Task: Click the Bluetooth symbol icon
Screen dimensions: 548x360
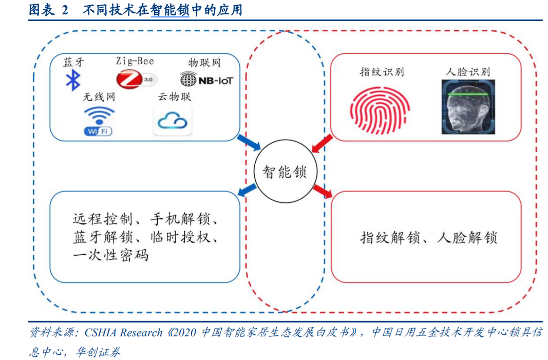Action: (73, 80)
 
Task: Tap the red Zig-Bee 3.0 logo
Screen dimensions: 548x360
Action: (136, 79)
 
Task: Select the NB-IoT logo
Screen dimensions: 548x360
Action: (206, 80)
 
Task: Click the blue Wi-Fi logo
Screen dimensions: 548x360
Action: (99, 121)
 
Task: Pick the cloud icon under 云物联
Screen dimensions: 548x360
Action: (173, 121)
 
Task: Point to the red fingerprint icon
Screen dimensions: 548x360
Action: (380, 111)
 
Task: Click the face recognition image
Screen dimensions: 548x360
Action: (468, 107)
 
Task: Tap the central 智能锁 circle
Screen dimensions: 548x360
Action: (285, 171)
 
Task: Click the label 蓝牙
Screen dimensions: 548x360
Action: (74, 62)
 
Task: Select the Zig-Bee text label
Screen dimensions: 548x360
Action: (135, 61)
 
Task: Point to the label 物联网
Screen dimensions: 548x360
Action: (204, 63)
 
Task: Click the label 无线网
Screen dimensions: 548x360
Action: (99, 97)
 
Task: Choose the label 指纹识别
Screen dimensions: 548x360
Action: (382, 72)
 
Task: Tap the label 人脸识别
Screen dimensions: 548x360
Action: (468, 72)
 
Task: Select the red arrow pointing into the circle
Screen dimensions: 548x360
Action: (322, 144)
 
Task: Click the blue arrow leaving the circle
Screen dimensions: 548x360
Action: (247, 190)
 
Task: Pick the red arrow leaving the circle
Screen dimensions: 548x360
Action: (323, 191)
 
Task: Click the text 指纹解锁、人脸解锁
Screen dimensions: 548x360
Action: (428, 238)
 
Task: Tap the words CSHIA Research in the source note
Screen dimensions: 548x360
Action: (123, 332)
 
